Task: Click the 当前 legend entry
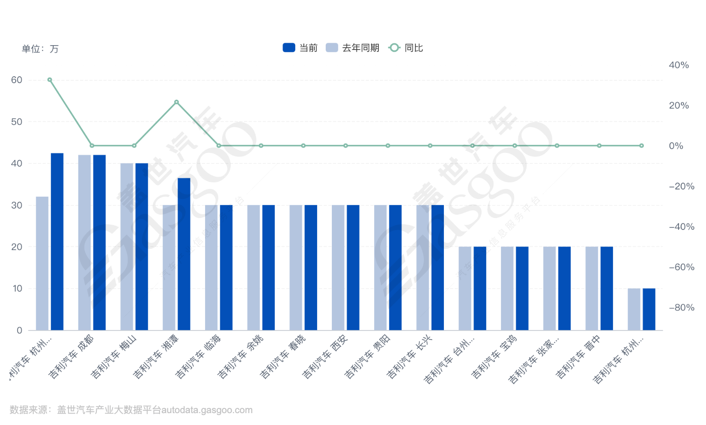(x=300, y=48)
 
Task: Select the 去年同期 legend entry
(x=352, y=48)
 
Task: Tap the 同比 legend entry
(x=406, y=48)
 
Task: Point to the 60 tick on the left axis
(x=17, y=80)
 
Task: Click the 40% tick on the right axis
(x=678, y=65)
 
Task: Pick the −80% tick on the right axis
(x=681, y=308)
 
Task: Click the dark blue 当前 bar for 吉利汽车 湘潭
(x=184, y=254)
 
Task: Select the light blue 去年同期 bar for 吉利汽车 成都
(x=85, y=242)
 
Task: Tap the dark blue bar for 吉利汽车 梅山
(x=141, y=246)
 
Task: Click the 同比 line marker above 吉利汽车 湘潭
(x=177, y=102)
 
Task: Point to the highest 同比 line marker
(x=50, y=80)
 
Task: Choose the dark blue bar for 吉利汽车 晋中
(x=607, y=288)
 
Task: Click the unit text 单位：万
(x=40, y=49)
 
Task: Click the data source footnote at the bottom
(x=131, y=410)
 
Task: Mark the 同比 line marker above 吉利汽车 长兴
(x=430, y=146)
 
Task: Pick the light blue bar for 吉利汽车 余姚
(x=254, y=267)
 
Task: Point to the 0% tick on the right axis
(x=676, y=146)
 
